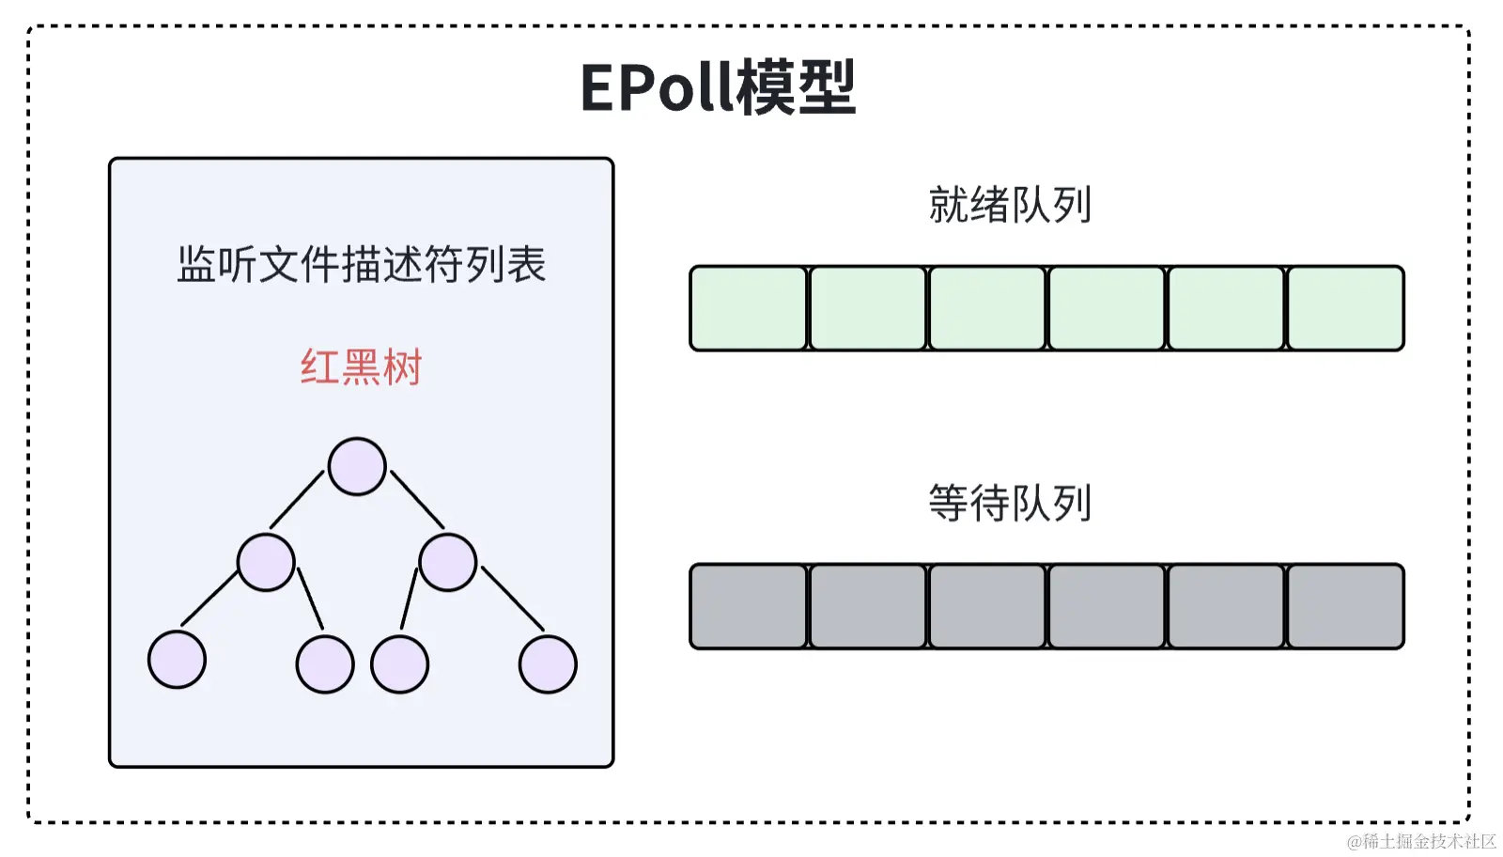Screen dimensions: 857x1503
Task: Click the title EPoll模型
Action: [x=718, y=87]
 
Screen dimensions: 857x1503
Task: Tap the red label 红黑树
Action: [x=362, y=366]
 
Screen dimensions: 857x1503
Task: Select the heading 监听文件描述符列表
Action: [x=362, y=264]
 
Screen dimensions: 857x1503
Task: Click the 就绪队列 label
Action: [x=1010, y=205]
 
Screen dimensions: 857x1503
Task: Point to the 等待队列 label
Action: [x=1010, y=503]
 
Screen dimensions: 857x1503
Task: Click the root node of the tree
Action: [x=357, y=466]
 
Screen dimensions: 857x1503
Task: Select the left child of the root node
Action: [x=266, y=562]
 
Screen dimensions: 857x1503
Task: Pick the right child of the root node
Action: [x=448, y=562]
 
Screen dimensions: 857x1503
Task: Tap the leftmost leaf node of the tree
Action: [x=177, y=660]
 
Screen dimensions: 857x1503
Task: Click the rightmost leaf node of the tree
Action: [x=548, y=664]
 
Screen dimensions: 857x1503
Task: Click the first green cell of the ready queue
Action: [x=749, y=308]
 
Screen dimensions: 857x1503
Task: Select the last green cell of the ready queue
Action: [x=1345, y=308]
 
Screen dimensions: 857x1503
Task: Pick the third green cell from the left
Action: [x=987, y=308]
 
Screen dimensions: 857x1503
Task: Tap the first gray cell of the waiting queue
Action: [x=749, y=606]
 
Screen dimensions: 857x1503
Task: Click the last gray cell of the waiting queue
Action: [x=1345, y=606]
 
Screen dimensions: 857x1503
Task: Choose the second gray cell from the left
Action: [x=868, y=606]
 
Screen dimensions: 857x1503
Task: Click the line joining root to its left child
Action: [x=297, y=500]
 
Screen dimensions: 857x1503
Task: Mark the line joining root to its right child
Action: [x=417, y=500]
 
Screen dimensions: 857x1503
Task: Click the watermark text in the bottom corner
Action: [x=1420, y=841]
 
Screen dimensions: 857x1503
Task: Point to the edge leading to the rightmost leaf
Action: [x=513, y=599]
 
